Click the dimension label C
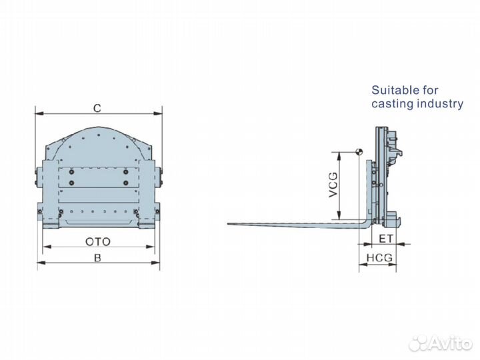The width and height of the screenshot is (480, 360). (97, 107)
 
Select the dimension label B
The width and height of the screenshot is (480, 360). (97, 257)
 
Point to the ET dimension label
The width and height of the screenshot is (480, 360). (385, 238)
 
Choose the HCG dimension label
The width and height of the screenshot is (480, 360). (379, 257)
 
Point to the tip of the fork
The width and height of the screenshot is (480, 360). (229, 224)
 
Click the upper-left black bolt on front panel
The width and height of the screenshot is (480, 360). (71, 172)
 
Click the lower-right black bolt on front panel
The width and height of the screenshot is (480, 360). (125, 183)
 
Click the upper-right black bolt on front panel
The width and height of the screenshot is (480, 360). (125, 172)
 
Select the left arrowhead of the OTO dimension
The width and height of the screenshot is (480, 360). (44, 247)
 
